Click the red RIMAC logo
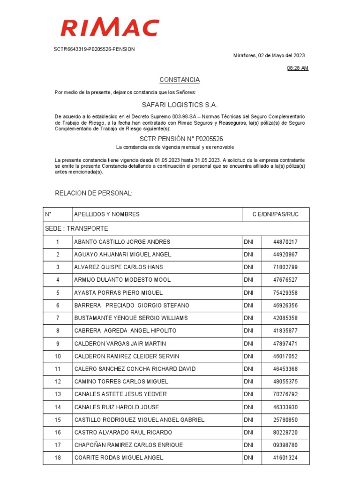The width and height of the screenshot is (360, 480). point(110,28)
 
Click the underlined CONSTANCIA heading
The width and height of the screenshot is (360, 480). point(180,80)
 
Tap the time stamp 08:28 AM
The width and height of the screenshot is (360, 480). point(298,68)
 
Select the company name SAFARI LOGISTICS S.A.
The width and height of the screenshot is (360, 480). point(180,105)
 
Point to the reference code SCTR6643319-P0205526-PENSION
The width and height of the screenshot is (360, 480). point(94,49)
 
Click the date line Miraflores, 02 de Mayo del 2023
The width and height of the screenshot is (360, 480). point(269,55)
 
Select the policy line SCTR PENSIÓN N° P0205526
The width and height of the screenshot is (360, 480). point(181,139)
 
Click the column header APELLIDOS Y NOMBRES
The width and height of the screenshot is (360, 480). point(107,214)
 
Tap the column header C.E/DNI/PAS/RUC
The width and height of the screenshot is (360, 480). point(275,214)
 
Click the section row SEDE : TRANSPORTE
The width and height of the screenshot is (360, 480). point(77,229)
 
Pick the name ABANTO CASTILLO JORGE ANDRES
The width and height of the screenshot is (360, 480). point(122,242)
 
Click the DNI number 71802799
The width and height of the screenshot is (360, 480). point(285,267)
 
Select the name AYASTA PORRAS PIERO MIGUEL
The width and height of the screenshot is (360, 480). point(119,292)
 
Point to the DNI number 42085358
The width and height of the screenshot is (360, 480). point(285,318)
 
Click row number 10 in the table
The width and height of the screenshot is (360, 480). point(58,356)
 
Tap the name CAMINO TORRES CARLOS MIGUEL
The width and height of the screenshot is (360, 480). point(121,382)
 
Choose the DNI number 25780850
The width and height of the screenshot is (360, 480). point(285,420)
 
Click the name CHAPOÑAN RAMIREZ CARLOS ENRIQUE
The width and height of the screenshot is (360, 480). point(128,445)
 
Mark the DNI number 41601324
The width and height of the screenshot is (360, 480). point(285,457)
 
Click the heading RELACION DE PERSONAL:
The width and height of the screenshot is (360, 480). point(94,193)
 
